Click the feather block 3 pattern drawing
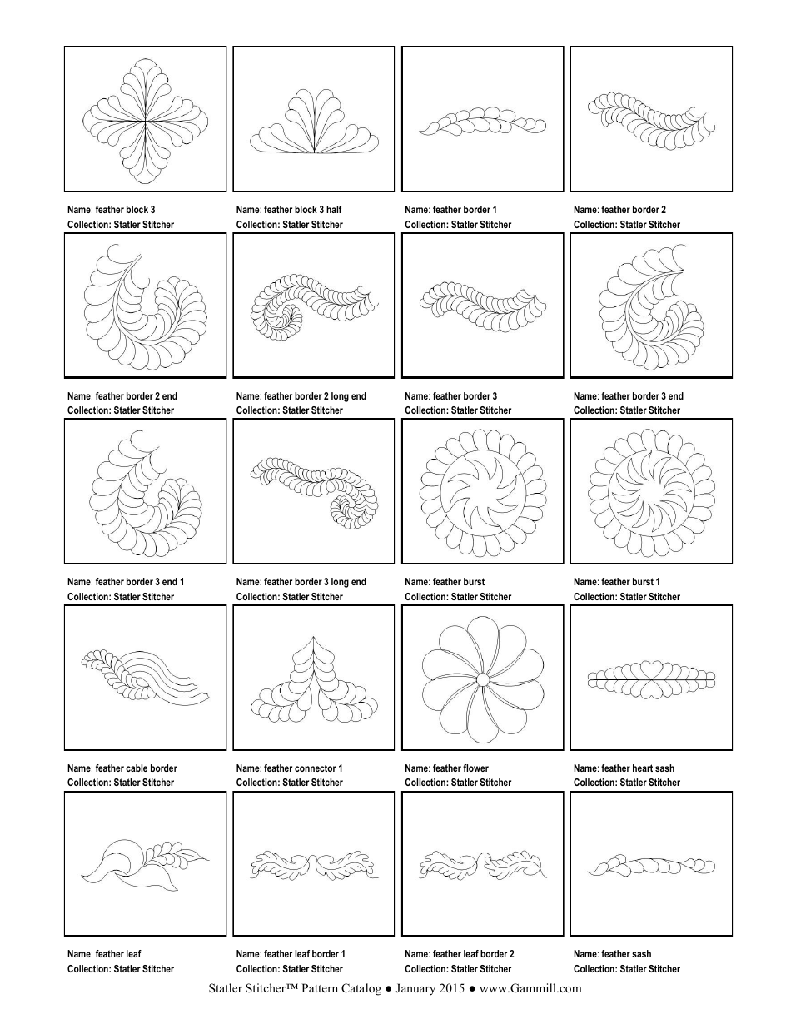pos(146,119)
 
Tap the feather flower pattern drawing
pos(482,679)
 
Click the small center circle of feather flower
pos(482,680)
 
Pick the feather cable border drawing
pos(146,675)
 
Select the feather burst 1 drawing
pos(651,493)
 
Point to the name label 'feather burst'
pos(445,582)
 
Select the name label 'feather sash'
pos(613,954)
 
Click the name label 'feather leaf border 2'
pos(460,954)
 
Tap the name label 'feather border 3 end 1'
pos(126,582)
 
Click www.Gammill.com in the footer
pos(530,989)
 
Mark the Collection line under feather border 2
pos(627,225)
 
